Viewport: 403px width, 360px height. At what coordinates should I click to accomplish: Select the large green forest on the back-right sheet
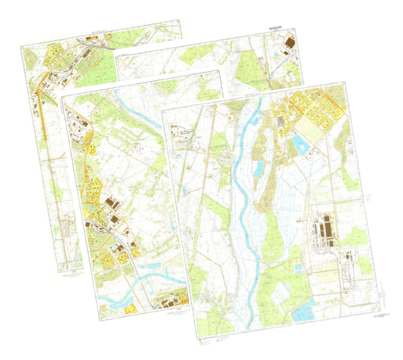click(x=250, y=72)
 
